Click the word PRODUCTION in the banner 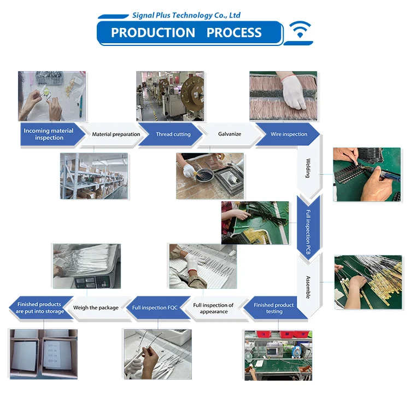click(153, 33)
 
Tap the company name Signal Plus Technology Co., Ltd click(186, 15)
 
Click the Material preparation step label click(116, 135)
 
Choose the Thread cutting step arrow click(173, 135)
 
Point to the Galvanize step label click(230, 135)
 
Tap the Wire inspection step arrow click(289, 135)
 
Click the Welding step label click(308, 168)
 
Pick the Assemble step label click(308, 285)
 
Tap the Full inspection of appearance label click(213, 308)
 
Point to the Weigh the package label click(96, 308)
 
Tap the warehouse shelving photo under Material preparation click(94, 176)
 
